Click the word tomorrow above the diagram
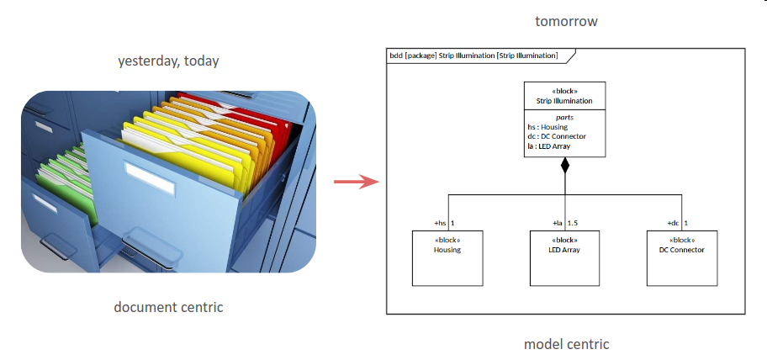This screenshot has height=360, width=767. pos(566,22)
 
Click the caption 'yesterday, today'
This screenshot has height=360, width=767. pos(168,61)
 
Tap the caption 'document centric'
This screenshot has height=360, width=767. pos(168,307)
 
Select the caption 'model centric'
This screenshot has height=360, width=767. pos(566,343)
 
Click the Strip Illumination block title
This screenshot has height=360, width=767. pos(564,101)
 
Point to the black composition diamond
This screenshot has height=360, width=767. pos(565,165)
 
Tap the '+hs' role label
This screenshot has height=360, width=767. pos(439,224)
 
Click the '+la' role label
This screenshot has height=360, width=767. pos(557,224)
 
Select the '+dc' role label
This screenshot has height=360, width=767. pos(673,224)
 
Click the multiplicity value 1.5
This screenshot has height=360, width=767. pos(573,224)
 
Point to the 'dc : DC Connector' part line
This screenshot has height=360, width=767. pos(551,136)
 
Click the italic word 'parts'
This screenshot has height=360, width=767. pos(564,118)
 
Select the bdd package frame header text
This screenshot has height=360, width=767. pos(473,56)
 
